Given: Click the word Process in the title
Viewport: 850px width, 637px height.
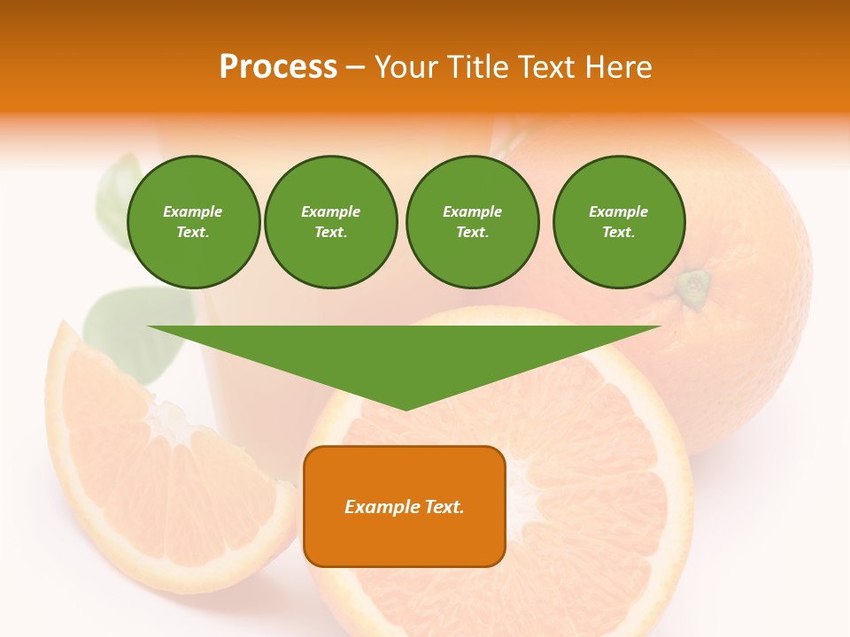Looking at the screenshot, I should click(278, 67).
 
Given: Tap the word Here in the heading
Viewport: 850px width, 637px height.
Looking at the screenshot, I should click(617, 67).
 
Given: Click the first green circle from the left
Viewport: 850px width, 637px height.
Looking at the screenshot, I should click(194, 222).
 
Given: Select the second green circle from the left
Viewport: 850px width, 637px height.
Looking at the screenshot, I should click(331, 222).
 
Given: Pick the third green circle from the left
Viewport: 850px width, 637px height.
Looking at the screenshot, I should click(473, 222).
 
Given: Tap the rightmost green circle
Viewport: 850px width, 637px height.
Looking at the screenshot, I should click(619, 222).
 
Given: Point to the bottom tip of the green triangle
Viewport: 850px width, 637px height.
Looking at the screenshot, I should click(405, 409).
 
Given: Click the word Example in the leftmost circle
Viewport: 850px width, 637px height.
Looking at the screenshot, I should click(193, 211).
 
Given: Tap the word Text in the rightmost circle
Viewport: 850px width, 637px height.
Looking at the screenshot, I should click(618, 232).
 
